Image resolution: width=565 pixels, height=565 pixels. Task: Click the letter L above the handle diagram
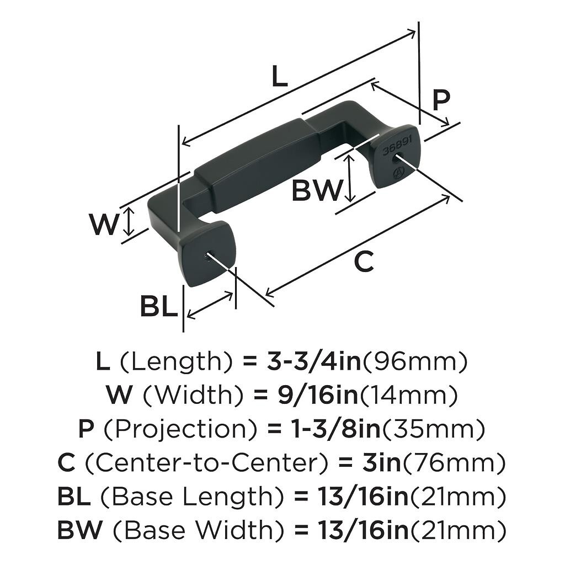pyautogui.click(x=280, y=77)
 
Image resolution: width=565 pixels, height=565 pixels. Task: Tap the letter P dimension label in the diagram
pyautogui.click(x=441, y=100)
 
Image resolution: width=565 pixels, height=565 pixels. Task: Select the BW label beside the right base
pyautogui.click(x=317, y=190)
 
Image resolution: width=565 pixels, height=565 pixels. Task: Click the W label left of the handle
pyautogui.click(x=104, y=225)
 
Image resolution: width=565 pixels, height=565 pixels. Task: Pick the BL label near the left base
pyautogui.click(x=158, y=306)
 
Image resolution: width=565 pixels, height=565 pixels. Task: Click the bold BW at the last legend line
pyautogui.click(x=79, y=530)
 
